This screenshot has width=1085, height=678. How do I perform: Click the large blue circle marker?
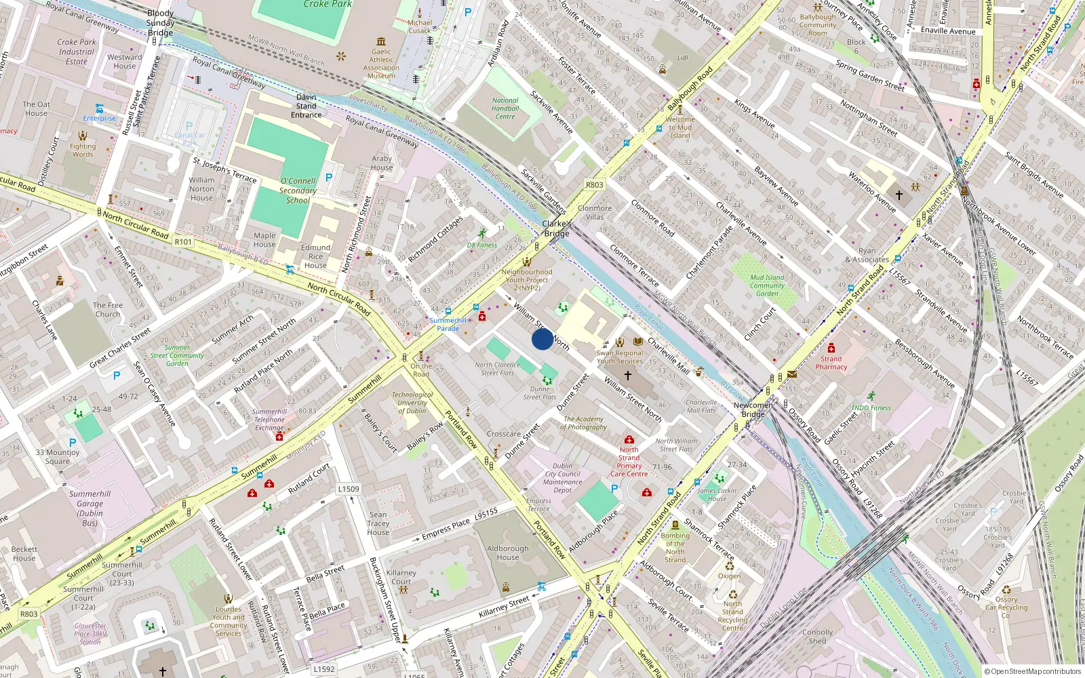(x=542, y=339)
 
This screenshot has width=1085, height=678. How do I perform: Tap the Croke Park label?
(x=328, y=4)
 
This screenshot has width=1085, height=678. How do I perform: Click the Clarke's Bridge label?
(x=556, y=228)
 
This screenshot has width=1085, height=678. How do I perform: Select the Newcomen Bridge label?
(x=753, y=410)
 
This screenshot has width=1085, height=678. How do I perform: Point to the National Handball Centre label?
(x=505, y=108)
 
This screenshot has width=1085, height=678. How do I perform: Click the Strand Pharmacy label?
(x=831, y=363)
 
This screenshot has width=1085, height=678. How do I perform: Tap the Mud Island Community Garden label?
(x=767, y=285)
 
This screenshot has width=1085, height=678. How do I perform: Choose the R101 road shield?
(x=183, y=242)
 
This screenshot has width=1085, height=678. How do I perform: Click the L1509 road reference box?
(x=349, y=489)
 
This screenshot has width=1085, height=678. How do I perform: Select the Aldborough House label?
(x=507, y=553)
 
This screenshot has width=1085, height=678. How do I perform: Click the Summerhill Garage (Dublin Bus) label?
(x=90, y=509)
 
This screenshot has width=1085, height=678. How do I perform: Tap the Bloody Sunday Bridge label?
(x=161, y=23)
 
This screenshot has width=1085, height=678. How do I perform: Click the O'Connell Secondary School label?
(x=298, y=191)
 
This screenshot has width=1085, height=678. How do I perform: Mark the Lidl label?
(x=682, y=58)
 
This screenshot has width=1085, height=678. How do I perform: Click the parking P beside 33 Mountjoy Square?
(x=73, y=443)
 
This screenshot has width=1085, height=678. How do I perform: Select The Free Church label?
(x=108, y=310)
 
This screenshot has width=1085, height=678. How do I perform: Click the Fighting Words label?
(x=83, y=150)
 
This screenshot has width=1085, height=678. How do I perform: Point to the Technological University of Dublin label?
(x=412, y=403)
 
